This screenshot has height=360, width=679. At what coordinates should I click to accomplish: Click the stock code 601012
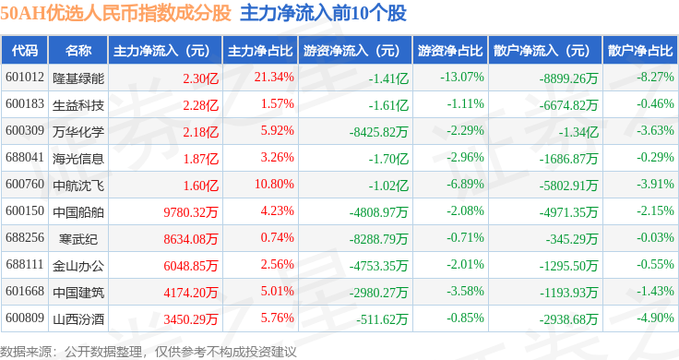(25, 78)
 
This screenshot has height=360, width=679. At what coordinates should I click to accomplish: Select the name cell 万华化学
(78, 132)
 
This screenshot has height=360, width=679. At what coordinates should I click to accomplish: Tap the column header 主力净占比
(260, 51)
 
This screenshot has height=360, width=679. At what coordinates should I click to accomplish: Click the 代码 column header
(25, 51)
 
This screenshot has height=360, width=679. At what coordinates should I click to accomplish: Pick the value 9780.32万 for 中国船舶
(191, 211)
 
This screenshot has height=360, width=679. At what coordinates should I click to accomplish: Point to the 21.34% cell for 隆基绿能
(274, 78)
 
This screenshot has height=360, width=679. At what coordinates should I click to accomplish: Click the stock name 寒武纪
(78, 239)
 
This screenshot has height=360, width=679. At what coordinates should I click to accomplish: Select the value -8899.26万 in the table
(568, 78)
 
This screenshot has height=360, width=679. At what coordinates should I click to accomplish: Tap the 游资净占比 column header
(450, 51)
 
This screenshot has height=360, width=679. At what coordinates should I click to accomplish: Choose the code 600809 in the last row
(25, 318)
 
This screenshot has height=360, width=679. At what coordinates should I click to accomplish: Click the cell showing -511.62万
(382, 319)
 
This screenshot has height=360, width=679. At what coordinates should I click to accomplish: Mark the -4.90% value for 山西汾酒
(655, 318)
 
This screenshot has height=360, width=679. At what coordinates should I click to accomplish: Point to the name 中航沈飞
(78, 186)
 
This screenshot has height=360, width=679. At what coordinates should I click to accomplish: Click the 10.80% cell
(274, 184)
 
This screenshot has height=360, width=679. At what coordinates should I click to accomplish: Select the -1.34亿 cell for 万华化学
(578, 132)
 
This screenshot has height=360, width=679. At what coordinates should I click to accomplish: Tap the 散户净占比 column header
(640, 51)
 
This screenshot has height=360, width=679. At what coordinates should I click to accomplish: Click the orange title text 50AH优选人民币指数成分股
(115, 13)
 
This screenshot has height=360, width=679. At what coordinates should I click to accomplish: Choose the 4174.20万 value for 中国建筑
(191, 293)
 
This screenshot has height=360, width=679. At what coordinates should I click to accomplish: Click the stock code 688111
(25, 264)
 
